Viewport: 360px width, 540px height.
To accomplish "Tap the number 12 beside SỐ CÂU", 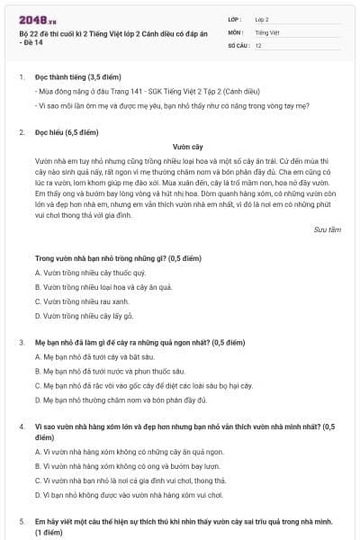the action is [x=258, y=44].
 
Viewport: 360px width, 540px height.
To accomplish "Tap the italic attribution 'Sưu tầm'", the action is [x=328, y=229].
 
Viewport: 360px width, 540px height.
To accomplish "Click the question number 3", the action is [x=21, y=343].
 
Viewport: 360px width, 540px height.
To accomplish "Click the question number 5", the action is [x=21, y=521].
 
